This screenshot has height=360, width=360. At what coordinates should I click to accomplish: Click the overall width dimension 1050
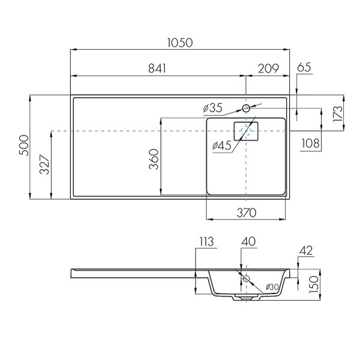click(180, 43)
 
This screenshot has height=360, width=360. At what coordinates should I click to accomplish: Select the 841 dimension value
click(157, 68)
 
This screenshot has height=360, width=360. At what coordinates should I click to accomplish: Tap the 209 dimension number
click(268, 68)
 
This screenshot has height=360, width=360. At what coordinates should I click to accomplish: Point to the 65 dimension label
click(304, 67)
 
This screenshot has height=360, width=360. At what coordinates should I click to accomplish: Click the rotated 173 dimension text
click(338, 113)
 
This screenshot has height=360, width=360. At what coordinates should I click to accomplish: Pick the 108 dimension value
click(310, 143)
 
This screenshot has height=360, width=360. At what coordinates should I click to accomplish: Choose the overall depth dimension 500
click(25, 146)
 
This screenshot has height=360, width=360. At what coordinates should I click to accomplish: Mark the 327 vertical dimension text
click(44, 165)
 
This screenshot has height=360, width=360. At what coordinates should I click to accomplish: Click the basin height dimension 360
click(154, 159)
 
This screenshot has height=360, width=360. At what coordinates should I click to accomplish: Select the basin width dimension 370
click(247, 213)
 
